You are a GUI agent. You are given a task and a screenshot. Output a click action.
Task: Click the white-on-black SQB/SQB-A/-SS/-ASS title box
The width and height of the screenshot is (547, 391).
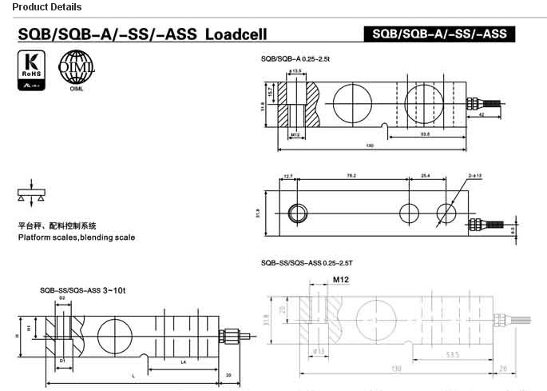point(438,34)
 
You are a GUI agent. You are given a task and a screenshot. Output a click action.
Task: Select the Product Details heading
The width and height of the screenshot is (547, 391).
point(41,7)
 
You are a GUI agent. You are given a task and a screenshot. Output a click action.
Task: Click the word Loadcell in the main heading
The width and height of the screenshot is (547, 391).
point(236,35)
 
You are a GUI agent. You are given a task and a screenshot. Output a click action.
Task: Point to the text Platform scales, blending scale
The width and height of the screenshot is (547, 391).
point(77,237)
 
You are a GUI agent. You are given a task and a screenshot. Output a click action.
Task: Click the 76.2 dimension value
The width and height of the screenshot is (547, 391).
point(351,175)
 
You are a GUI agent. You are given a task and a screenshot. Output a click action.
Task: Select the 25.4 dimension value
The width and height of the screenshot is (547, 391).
point(425,175)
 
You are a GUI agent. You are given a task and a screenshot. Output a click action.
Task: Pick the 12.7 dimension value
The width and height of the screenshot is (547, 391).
point(288,175)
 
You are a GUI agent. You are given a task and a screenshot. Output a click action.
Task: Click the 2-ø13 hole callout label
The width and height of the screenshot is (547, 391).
point(474,175)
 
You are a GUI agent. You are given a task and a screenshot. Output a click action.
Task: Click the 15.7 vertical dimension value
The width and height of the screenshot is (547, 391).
point(271,93)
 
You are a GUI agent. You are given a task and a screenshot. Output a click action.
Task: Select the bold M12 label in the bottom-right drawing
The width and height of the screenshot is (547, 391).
point(341,280)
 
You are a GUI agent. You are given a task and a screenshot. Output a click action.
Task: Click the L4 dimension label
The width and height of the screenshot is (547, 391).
point(183,362)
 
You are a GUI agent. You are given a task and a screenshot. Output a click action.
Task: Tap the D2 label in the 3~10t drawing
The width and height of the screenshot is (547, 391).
point(62,297)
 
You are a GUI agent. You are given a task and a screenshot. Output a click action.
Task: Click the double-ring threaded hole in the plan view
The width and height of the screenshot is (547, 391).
point(298,213)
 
